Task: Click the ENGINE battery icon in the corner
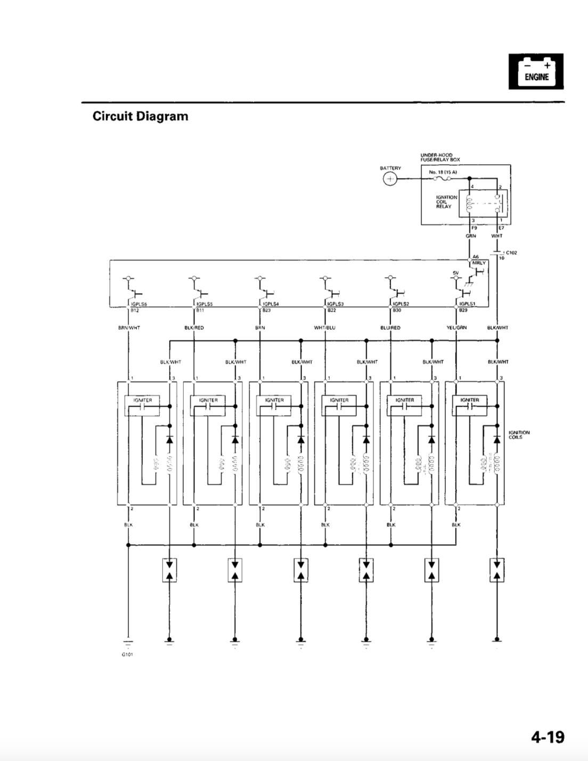click(536, 71)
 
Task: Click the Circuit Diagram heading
click(140, 116)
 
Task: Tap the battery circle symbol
click(390, 179)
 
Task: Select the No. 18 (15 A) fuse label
click(443, 172)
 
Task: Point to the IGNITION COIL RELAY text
click(446, 202)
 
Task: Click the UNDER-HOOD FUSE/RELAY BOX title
click(440, 158)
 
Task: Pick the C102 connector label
click(511, 253)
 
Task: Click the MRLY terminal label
click(479, 263)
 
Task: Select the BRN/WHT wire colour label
click(129, 328)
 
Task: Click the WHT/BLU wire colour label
click(325, 328)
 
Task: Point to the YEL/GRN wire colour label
click(456, 328)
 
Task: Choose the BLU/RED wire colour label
click(390, 328)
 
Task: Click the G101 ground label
click(127, 654)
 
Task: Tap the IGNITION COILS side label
click(519, 435)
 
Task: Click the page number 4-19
click(547, 736)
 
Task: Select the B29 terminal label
click(463, 310)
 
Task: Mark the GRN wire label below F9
click(470, 236)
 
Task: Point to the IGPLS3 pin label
click(336, 304)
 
